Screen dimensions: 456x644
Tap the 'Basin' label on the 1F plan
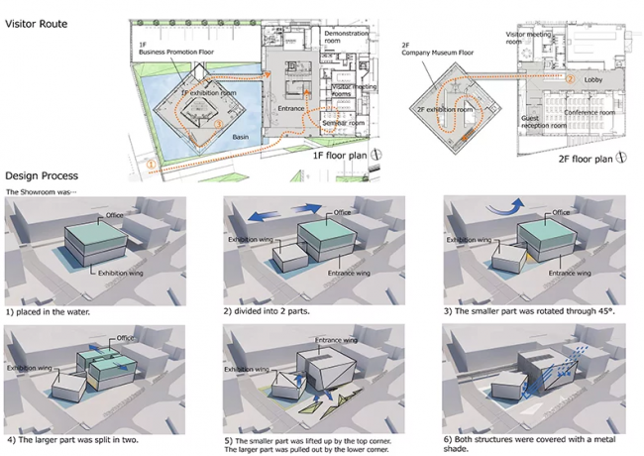[x=241, y=137]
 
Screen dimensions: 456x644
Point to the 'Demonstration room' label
[x=346, y=37]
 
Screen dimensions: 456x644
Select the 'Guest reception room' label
[x=542, y=122]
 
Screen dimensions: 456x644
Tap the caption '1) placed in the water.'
[x=50, y=311]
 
